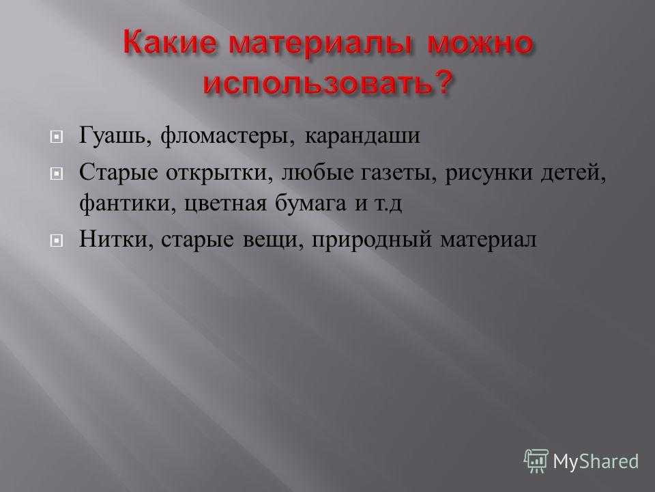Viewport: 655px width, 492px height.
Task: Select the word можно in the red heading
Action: pos(480,42)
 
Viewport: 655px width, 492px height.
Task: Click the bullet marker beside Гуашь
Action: pos(57,137)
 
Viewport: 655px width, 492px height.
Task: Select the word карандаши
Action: pos(362,136)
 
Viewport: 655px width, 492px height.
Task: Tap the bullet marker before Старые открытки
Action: pos(57,173)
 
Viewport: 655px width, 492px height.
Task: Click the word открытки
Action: pos(219,173)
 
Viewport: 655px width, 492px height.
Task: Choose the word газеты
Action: pos(398,173)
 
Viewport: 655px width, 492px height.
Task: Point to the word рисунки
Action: pos(489,173)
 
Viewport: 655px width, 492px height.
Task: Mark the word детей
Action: pos(573,172)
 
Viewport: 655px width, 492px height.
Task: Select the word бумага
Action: pos(311,204)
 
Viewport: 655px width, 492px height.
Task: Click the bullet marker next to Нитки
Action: pos(57,241)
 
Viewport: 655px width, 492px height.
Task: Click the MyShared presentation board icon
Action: pos(536,461)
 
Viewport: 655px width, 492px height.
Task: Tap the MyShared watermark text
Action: pos(596,462)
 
